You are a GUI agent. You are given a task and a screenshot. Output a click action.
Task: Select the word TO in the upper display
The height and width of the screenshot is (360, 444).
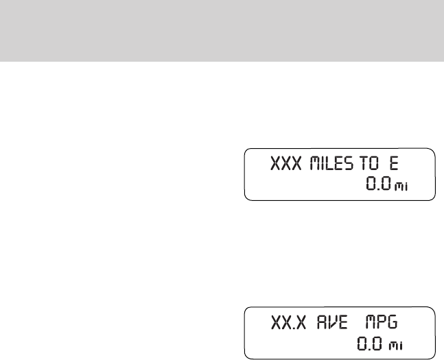(x=370, y=165)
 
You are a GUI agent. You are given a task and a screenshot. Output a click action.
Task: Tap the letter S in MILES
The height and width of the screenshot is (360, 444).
(x=350, y=165)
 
